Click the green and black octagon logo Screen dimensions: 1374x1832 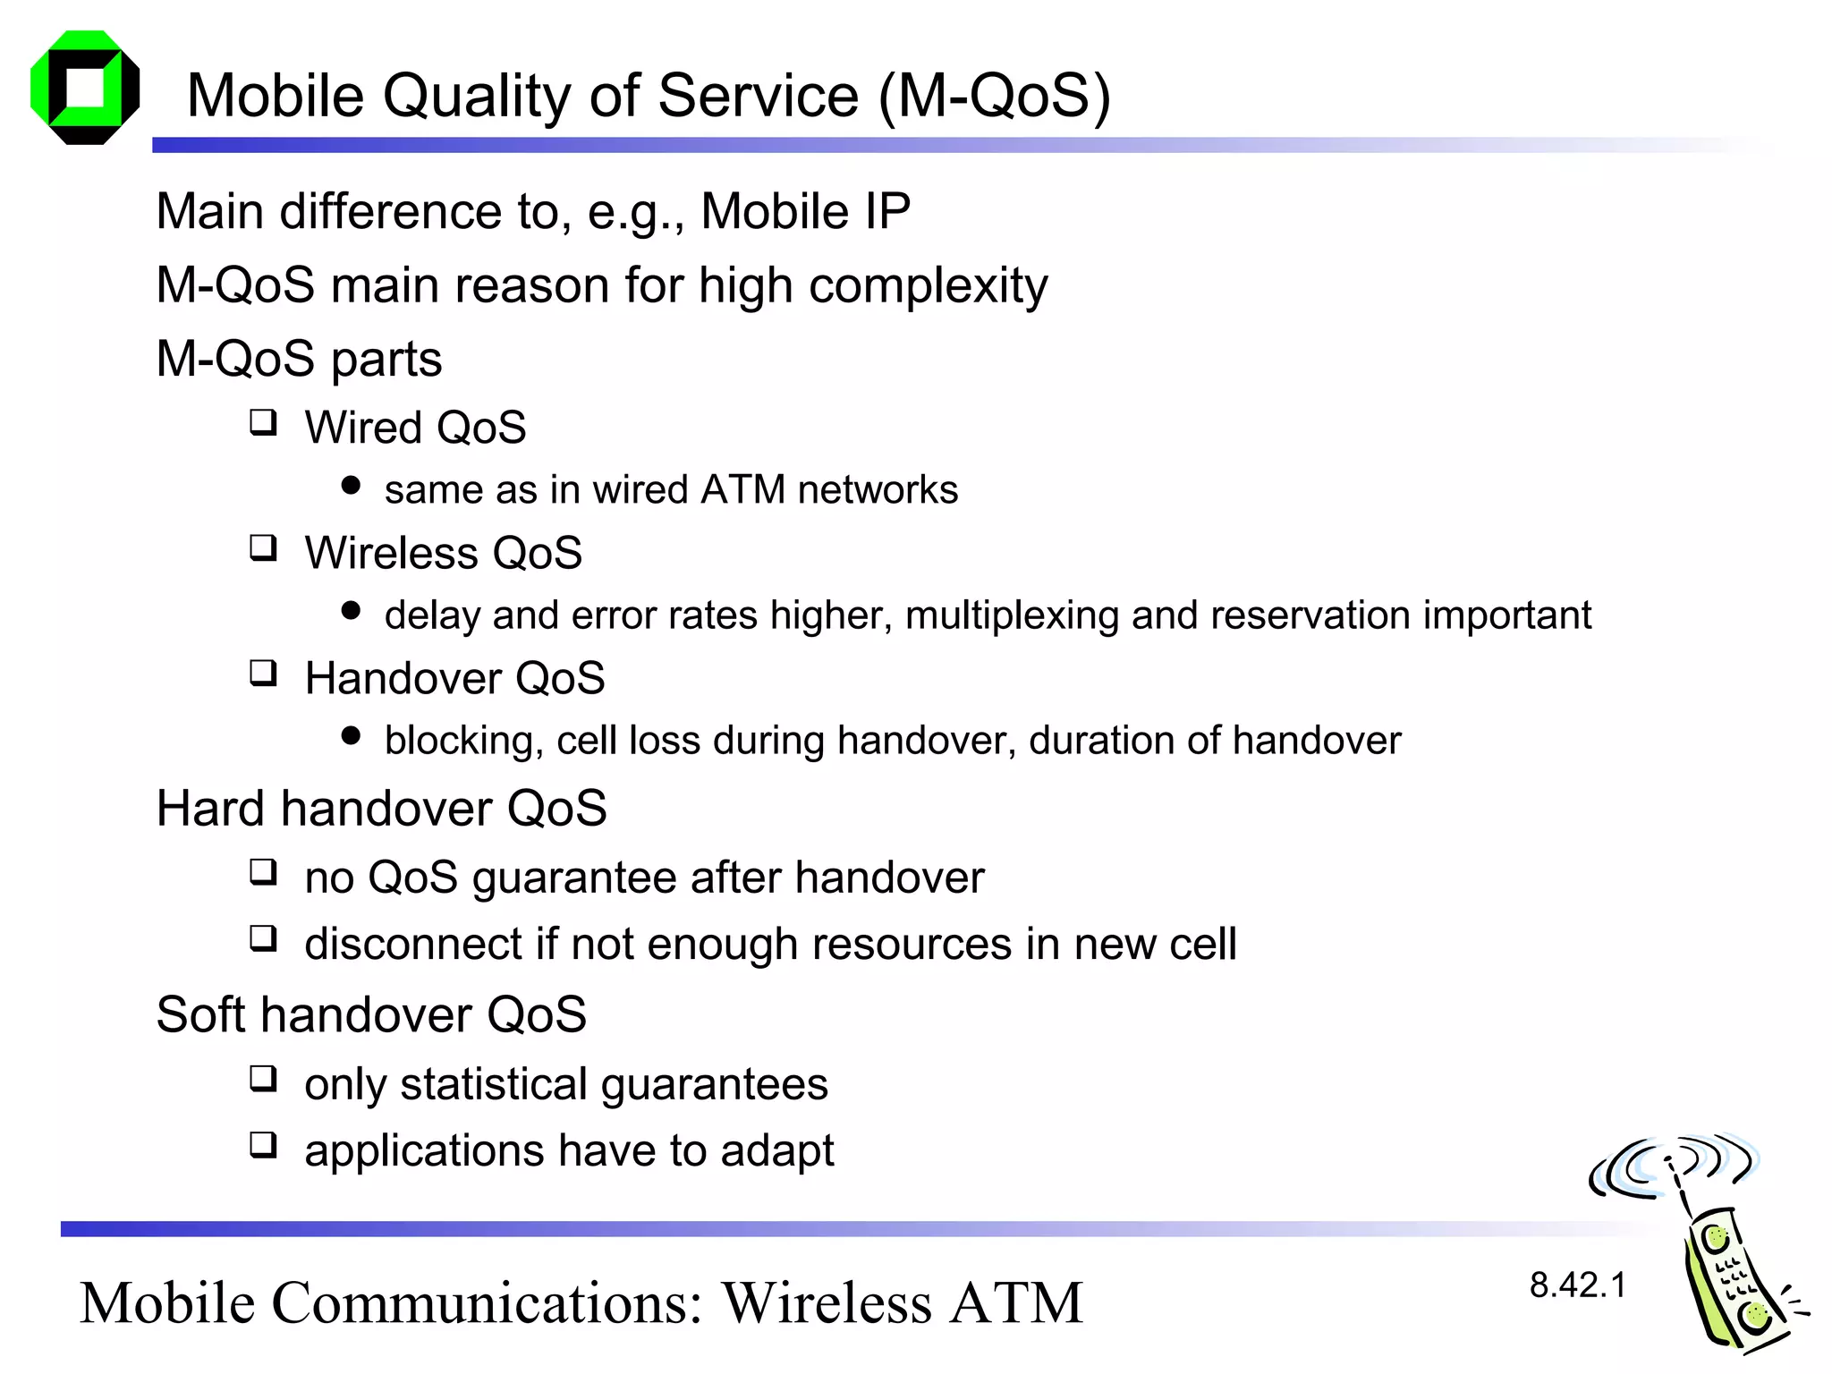click(x=85, y=88)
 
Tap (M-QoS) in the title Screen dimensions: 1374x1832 click(x=994, y=96)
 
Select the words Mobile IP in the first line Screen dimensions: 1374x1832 click(x=805, y=212)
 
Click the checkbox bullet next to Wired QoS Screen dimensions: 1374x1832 click(x=263, y=421)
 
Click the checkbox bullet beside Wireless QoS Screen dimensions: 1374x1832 click(x=263, y=547)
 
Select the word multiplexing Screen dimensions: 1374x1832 click(x=1011, y=615)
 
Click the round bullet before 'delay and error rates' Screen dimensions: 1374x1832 click(x=351, y=611)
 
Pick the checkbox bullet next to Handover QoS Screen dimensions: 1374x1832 click(x=263, y=672)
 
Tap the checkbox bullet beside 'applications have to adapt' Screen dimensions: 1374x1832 click(x=263, y=1144)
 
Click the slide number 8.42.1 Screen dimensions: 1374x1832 click(x=1577, y=1285)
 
